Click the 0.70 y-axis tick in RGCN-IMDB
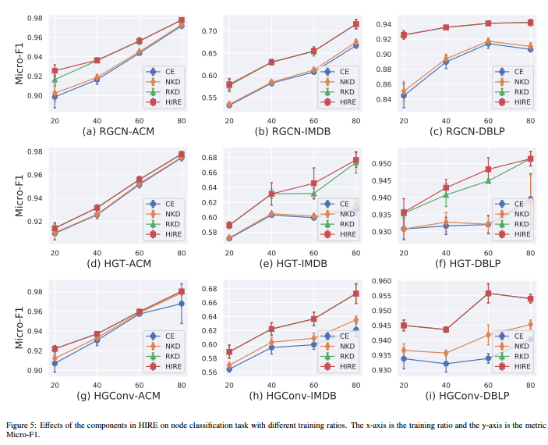click(209, 31)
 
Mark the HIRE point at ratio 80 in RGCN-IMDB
click(356, 24)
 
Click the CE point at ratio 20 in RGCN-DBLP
click(403, 96)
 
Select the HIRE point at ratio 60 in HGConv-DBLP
click(488, 294)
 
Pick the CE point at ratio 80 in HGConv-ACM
click(182, 303)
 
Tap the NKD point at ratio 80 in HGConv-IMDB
click(356, 320)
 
